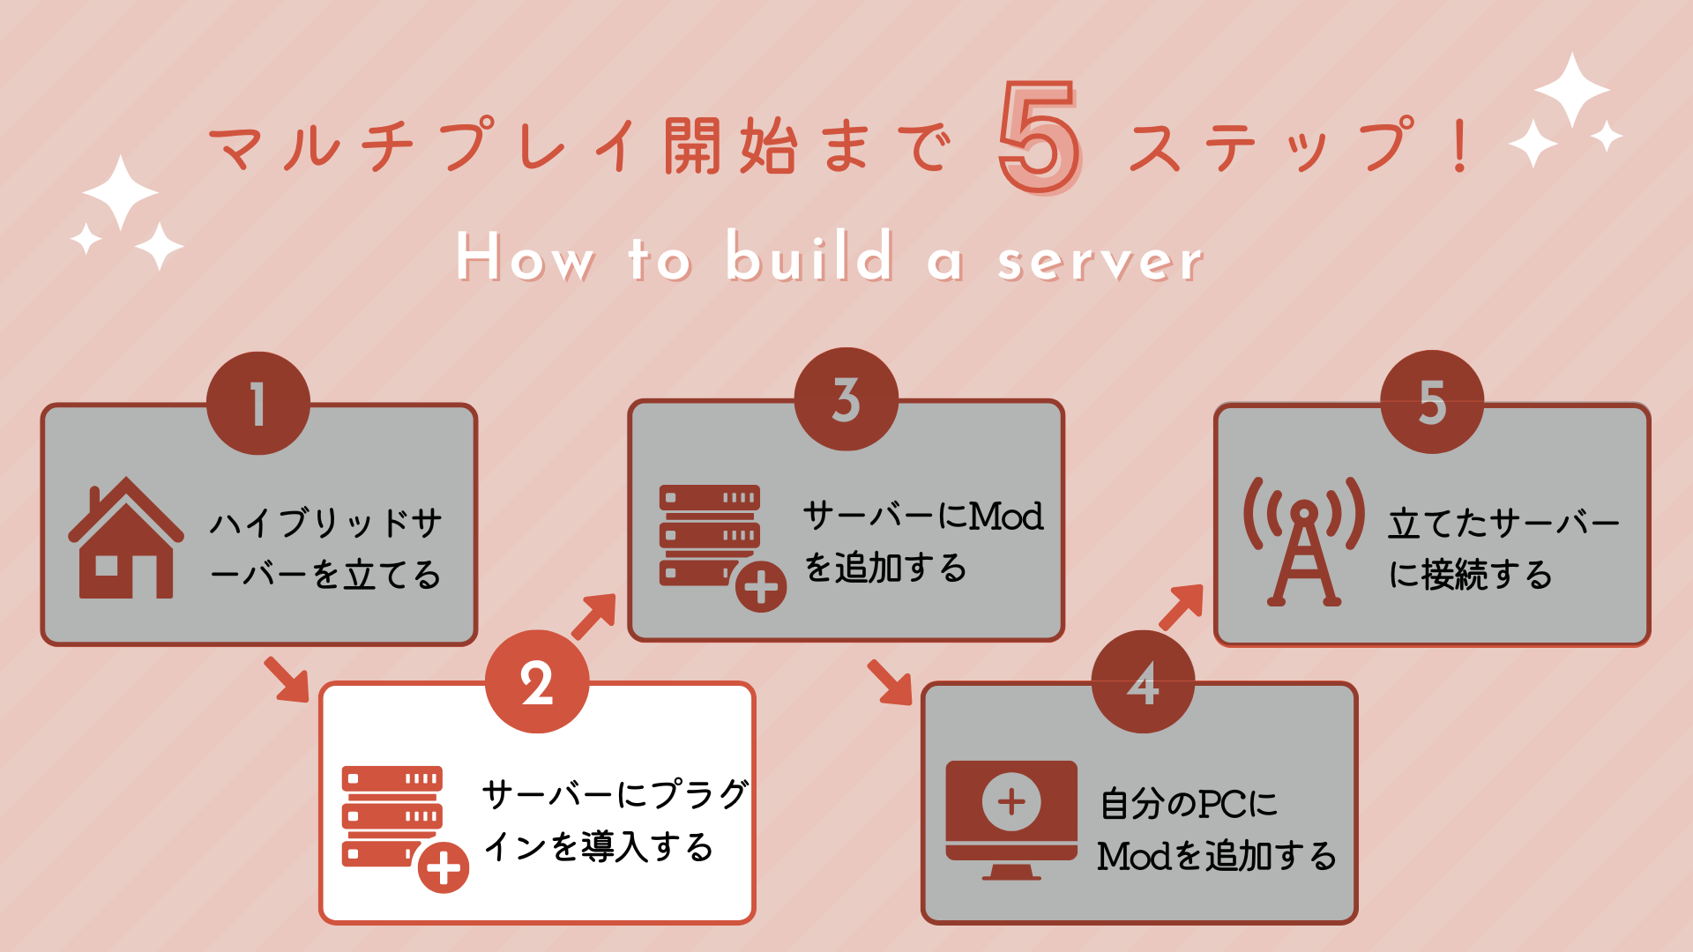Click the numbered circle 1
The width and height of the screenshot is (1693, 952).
258,404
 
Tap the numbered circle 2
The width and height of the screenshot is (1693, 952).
537,681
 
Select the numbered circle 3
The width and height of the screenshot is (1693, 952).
846,399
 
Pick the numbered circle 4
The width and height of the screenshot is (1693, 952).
1143,681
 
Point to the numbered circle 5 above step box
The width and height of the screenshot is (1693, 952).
1432,402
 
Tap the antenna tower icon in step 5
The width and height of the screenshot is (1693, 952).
1304,541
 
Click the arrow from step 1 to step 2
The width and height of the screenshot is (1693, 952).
287,679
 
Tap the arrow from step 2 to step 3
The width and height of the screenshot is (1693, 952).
594,616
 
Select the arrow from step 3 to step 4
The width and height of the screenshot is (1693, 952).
890,682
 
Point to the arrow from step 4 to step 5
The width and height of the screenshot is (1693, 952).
1182,606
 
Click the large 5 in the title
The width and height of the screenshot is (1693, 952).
1040,137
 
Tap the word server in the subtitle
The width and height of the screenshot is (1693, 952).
1100,261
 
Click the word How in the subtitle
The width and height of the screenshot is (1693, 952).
525,257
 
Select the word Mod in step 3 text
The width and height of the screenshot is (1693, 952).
1006,516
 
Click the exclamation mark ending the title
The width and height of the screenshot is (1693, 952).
1460,145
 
